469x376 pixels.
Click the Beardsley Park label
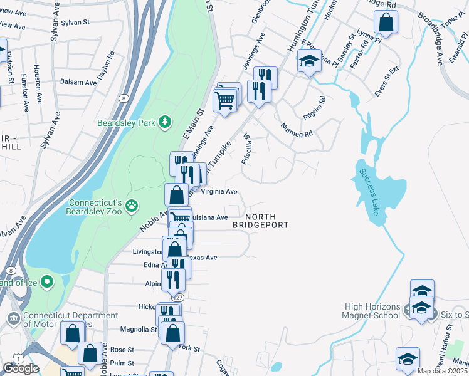pyautogui.click(x=125, y=123)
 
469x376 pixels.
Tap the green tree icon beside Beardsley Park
pyautogui.click(x=165, y=122)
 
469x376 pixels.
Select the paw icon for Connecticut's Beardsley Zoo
pyautogui.click(x=132, y=205)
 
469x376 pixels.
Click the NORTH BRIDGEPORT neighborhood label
pyautogui.click(x=261, y=221)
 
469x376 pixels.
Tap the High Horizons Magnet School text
pyautogui.click(x=371, y=311)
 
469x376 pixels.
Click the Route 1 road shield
pyautogui.click(x=7, y=358)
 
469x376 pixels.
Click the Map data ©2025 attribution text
pyautogui.click(x=442, y=371)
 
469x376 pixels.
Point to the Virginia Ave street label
pyautogui.click(x=219, y=191)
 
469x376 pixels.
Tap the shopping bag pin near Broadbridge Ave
pyautogui.click(x=386, y=22)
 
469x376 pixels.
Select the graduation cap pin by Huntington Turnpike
pyautogui.click(x=309, y=61)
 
